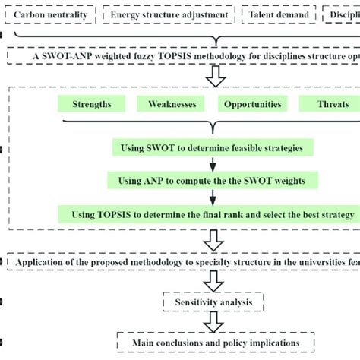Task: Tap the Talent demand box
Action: click(278, 14)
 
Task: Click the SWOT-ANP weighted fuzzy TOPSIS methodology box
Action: click(182, 55)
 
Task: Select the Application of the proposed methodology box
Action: click(182, 263)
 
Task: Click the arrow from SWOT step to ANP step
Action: click(213, 163)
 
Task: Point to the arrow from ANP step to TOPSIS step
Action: click(213, 197)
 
